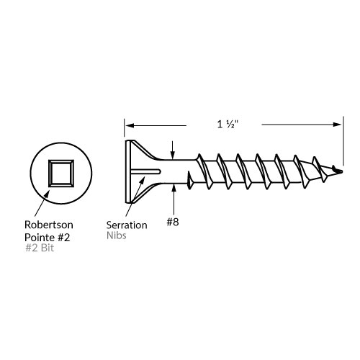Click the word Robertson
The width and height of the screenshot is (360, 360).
pyautogui.click(x=49, y=225)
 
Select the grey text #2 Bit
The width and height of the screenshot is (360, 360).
pyautogui.click(x=40, y=248)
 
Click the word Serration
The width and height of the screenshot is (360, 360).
pyautogui.click(x=127, y=225)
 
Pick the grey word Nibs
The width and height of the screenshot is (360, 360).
pyautogui.click(x=117, y=235)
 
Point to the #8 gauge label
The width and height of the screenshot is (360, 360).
pyautogui.click(x=173, y=222)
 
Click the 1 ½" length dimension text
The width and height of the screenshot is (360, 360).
pyautogui.click(x=228, y=125)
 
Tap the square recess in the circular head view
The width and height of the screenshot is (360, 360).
pyautogui.click(x=61, y=174)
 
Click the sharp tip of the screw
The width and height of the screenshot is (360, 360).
pyautogui.click(x=342, y=171)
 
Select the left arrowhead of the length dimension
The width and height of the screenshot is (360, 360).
pyautogui.click(x=130, y=125)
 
